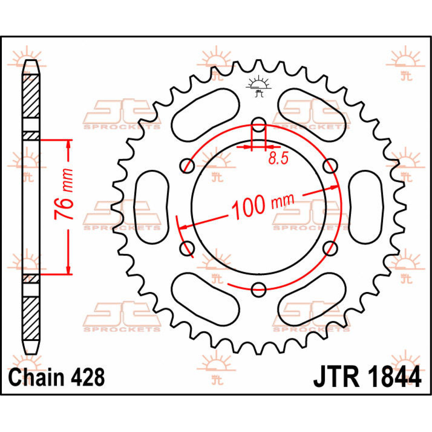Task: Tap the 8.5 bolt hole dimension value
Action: pos(278,158)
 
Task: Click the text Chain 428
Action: pos(57,377)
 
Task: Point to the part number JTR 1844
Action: pos(367,377)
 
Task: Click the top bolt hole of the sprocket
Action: pos(258,125)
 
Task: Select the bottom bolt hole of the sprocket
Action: pos(258,289)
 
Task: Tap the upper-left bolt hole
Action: pos(187,166)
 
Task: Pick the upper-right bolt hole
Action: pos(330,166)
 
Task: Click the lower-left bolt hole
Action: pos(187,248)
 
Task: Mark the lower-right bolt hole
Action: pos(330,248)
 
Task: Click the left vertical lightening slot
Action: pos(151,207)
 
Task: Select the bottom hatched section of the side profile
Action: pos(31,319)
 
